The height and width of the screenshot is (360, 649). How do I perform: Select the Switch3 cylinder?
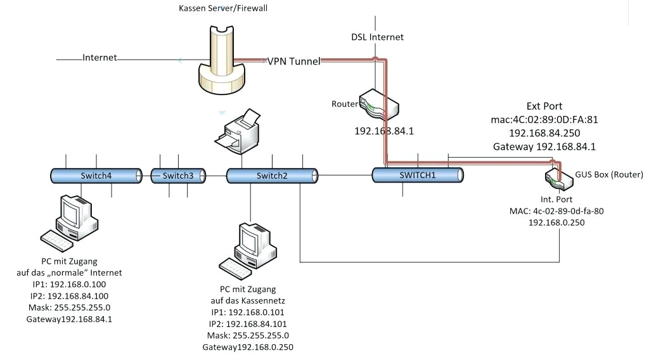(x=177, y=176)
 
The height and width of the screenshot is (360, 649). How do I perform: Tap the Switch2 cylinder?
(x=271, y=176)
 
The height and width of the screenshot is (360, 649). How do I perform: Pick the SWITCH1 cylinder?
(x=418, y=175)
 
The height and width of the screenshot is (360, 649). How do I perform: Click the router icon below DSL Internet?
(x=378, y=105)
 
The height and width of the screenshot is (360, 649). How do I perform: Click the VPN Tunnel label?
(x=293, y=61)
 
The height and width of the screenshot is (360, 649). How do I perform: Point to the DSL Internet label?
(x=377, y=37)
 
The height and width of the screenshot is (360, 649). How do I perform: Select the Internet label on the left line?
(x=100, y=58)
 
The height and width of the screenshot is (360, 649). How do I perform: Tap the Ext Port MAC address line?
(x=544, y=119)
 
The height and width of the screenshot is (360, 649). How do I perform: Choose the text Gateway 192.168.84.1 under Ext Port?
(x=544, y=146)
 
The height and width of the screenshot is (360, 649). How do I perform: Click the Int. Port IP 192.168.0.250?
(x=556, y=223)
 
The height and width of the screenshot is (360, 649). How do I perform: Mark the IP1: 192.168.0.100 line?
(x=69, y=285)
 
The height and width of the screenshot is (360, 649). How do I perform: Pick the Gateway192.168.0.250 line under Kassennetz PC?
(x=248, y=347)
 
